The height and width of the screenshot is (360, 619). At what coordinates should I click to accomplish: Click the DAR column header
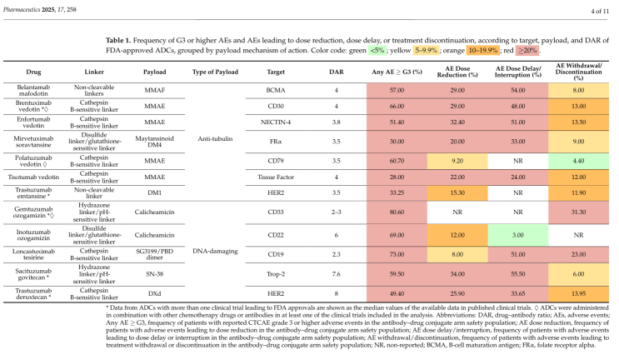(337, 72)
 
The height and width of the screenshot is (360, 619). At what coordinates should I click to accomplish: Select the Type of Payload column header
(215, 72)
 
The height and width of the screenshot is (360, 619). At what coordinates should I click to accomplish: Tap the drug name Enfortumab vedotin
(33, 122)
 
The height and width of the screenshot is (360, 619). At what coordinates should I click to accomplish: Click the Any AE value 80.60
(397, 212)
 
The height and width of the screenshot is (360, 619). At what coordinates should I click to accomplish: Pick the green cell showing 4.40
(578, 161)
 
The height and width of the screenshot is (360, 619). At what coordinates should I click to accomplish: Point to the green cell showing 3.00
(518, 235)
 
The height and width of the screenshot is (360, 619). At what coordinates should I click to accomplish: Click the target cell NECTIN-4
(276, 122)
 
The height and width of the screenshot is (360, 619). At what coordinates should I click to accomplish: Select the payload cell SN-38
(155, 274)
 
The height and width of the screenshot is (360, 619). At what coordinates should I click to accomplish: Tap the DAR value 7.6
(337, 274)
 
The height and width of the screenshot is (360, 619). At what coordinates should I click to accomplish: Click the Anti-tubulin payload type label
(215, 138)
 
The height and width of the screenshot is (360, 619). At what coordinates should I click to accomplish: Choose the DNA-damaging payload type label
(215, 251)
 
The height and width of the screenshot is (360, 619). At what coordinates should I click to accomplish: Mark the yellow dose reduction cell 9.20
(457, 161)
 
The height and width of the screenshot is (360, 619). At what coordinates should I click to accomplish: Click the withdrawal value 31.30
(578, 212)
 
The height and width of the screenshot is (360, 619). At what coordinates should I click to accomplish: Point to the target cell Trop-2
(276, 274)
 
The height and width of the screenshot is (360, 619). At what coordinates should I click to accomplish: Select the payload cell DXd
(155, 293)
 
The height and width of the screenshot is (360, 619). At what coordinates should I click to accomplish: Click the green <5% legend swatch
(377, 51)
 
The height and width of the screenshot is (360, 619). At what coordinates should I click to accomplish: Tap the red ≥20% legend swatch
(527, 51)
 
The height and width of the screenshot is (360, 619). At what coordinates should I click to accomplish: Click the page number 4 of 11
(600, 11)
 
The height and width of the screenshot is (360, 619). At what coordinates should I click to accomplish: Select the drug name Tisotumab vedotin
(33, 177)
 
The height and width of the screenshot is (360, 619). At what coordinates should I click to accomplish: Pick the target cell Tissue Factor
(276, 177)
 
